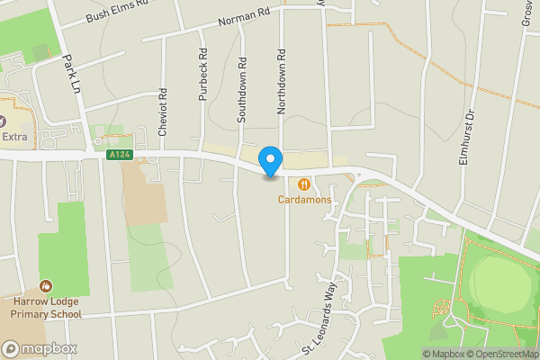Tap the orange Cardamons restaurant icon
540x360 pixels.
[x=304, y=184]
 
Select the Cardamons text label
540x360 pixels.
[x=304, y=199]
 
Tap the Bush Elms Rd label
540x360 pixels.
[x=114, y=12]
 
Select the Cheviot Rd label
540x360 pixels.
[x=163, y=112]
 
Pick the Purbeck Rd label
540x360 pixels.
[x=202, y=81]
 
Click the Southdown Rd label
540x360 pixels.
[x=242, y=92]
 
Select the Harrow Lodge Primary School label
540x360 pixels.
[x=47, y=308]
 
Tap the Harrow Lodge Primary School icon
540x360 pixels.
[x=46, y=285]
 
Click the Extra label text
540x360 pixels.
[x=15, y=137]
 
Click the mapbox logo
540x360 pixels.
[x=40, y=348]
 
